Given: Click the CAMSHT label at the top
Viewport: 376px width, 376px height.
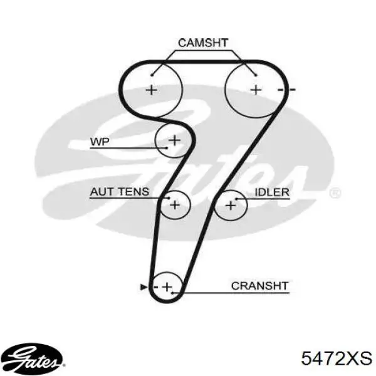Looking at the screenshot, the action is pos(203,43).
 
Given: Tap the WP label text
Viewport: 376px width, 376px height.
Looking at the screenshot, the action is pos(100,142).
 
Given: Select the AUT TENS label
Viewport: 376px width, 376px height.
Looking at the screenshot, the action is pos(120,192).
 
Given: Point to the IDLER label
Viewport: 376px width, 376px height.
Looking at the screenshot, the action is pos(272,192).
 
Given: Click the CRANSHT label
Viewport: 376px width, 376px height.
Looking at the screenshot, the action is pos(259,286).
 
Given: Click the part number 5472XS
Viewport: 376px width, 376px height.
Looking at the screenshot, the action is pos(337,358).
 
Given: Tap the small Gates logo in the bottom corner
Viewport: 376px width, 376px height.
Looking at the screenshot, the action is pos(34,359).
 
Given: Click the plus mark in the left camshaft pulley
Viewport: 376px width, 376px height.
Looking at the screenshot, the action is pos(151,90).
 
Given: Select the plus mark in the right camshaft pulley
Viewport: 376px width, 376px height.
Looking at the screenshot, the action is pos(256,90).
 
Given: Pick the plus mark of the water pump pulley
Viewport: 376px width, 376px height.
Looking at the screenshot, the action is pos(175,140).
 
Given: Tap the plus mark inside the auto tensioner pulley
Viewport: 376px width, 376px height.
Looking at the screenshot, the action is pos(175,205).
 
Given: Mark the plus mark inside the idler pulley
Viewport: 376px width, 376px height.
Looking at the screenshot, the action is pos(231,206).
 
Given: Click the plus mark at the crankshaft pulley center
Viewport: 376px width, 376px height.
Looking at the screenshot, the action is pos(167,287).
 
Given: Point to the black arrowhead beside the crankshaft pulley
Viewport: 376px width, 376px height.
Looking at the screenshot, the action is pos(144,287).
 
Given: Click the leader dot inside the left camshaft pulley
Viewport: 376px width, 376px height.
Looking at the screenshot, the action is pos(152,75).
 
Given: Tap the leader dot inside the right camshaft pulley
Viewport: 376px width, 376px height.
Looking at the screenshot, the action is pos(256,75).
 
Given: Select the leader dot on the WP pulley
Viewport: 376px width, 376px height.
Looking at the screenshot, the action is pos(167,148).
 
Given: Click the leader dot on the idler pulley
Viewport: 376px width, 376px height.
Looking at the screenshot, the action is pos(236,199).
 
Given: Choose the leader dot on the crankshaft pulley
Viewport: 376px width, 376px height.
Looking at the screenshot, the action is pos(172,293).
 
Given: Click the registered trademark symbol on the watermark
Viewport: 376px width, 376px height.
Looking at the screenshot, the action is pos(335,193).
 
